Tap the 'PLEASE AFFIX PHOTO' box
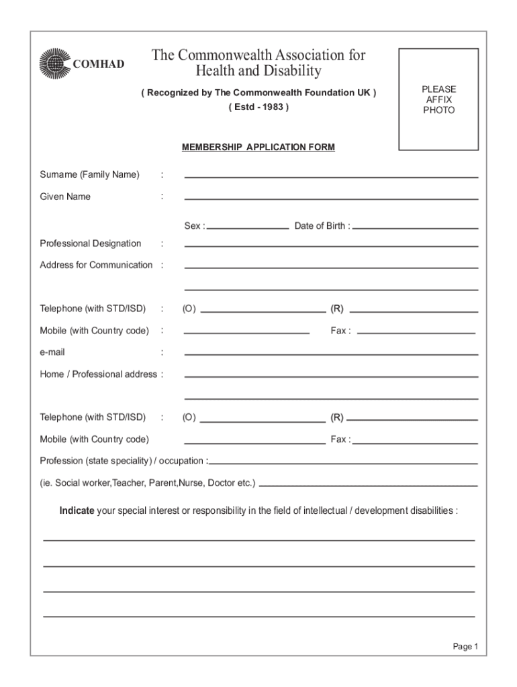(438, 99)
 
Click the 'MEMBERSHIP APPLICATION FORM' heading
(258, 147)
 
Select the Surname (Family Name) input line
(331, 176)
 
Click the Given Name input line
(331, 198)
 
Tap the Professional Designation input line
(331, 245)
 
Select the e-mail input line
(331, 354)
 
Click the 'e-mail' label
(52, 352)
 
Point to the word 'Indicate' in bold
(77, 511)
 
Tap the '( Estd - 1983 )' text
(258, 107)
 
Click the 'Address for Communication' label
(96, 265)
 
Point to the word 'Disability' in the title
(287, 70)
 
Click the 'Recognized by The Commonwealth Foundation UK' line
(258, 93)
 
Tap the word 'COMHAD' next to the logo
(98, 64)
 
